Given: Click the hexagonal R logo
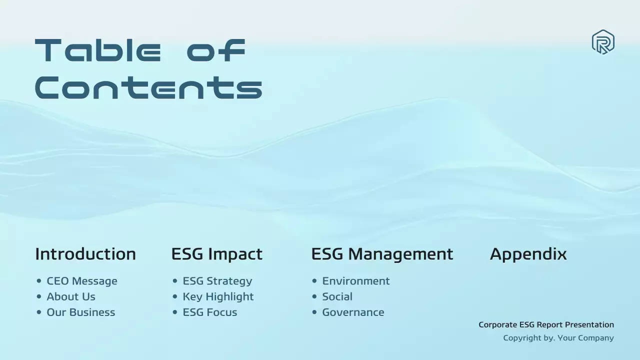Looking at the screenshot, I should [x=603, y=42].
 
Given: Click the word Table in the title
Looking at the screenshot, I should [x=98, y=50].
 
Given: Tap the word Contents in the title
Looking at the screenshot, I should [x=148, y=87].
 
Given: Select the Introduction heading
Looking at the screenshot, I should [x=85, y=254].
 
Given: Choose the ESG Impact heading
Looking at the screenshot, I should [x=216, y=254].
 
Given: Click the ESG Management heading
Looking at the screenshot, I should [x=382, y=254].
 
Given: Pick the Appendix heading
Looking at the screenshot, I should [x=528, y=254].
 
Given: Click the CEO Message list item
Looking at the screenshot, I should [x=82, y=281].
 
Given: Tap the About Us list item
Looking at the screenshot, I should [x=71, y=296].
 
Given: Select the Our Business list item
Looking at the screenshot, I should [x=81, y=312].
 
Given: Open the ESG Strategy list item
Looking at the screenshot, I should [x=217, y=281].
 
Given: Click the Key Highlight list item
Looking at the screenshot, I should [x=218, y=296].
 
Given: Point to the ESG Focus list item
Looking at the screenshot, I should [x=210, y=312].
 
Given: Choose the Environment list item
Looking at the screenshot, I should [x=356, y=281].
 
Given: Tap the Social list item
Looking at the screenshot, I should [x=337, y=296].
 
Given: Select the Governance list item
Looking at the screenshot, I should [x=353, y=312].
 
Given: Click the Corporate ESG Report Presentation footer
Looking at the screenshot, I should [x=546, y=324].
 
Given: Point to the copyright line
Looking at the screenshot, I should [x=558, y=338].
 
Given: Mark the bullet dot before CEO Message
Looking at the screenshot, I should [x=39, y=281].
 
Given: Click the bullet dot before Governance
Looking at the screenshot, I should [x=314, y=312].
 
